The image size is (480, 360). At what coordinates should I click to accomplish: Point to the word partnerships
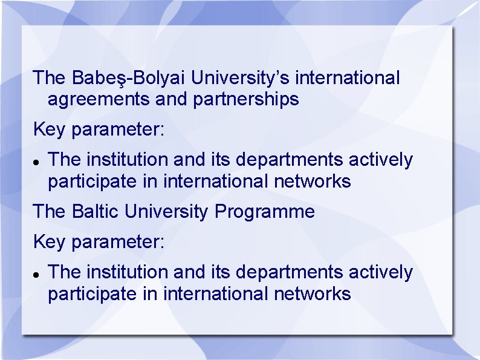(x=246, y=99)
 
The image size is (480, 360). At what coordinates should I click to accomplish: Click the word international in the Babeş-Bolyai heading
(x=348, y=78)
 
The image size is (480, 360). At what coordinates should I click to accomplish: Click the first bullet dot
(x=37, y=163)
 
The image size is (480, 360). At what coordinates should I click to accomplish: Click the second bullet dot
(x=37, y=275)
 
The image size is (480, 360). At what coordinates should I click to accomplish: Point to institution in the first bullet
(x=128, y=160)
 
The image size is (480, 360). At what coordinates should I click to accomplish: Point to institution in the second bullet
(x=128, y=272)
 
